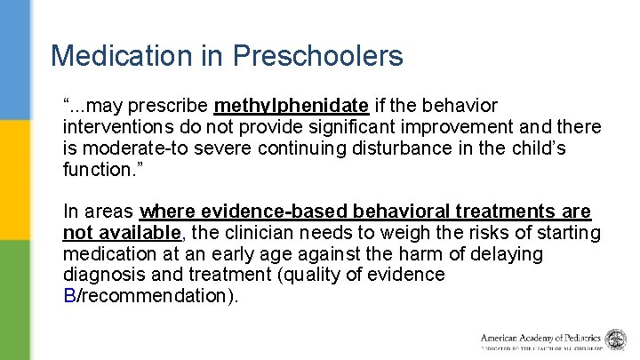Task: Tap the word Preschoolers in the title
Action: click(317, 55)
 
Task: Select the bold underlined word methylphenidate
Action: click(291, 106)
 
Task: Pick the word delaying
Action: click(508, 253)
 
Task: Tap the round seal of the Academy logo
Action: click(616, 339)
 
